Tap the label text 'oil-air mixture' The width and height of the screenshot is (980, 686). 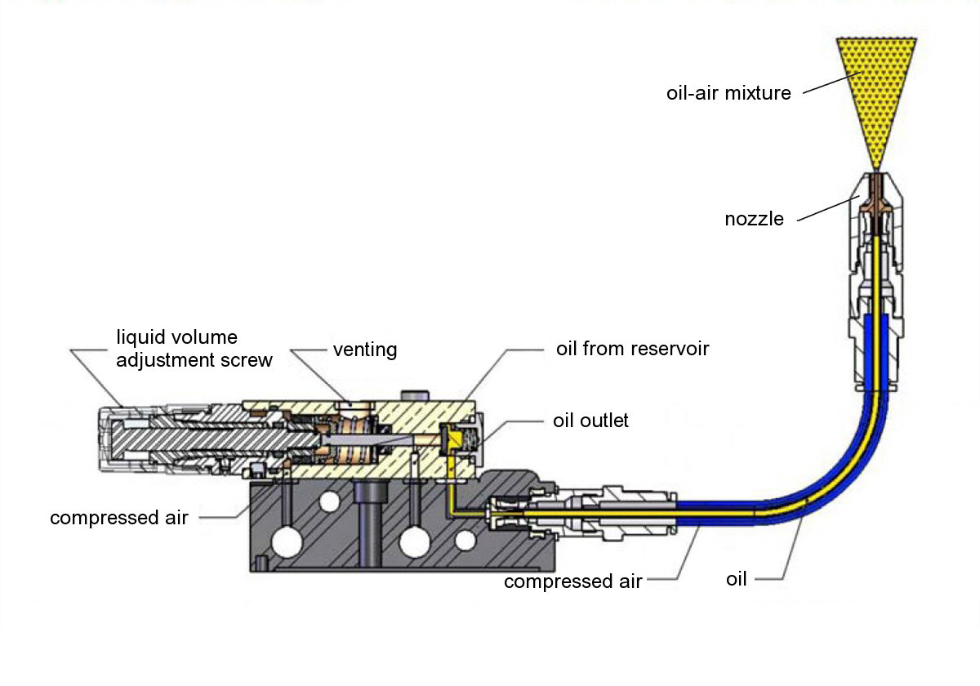pyautogui.click(x=729, y=93)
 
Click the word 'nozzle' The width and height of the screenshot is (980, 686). pyautogui.click(x=754, y=219)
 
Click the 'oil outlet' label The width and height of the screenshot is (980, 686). pyautogui.click(x=590, y=421)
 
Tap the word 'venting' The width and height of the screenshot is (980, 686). pyautogui.click(x=364, y=350)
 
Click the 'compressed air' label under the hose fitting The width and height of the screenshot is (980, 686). pyautogui.click(x=573, y=581)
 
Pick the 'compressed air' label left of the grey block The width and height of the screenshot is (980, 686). pyautogui.click(x=119, y=518)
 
